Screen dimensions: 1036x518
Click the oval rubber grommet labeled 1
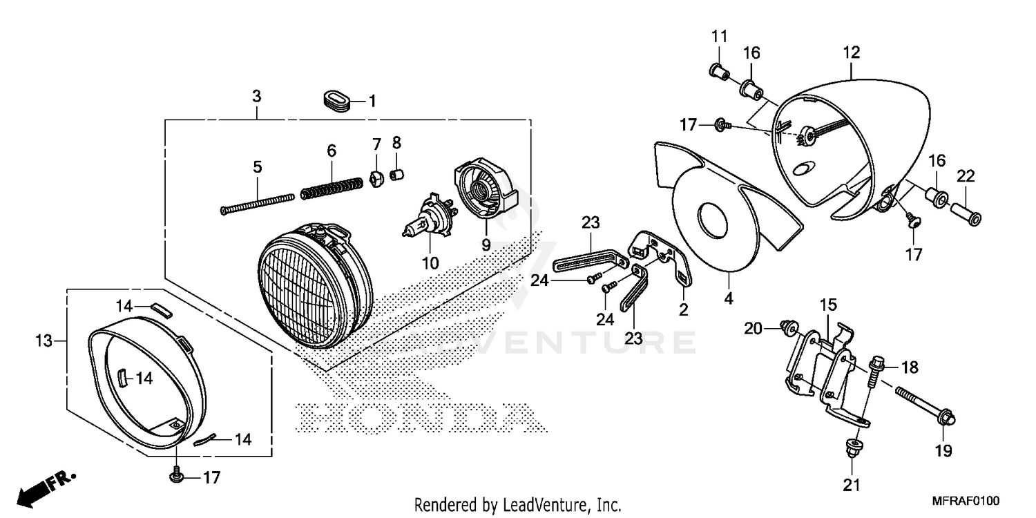click(336, 102)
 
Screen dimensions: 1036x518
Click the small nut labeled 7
click(377, 178)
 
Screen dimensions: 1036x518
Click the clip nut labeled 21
click(852, 448)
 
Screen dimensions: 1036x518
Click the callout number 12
click(851, 52)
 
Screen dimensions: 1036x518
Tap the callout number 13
click(44, 341)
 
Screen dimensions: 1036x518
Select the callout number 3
click(257, 96)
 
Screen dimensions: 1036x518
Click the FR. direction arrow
click(46, 488)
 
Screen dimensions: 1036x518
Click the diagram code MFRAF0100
click(966, 501)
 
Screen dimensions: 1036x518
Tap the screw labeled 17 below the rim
click(175, 475)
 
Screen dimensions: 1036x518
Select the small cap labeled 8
click(397, 175)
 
